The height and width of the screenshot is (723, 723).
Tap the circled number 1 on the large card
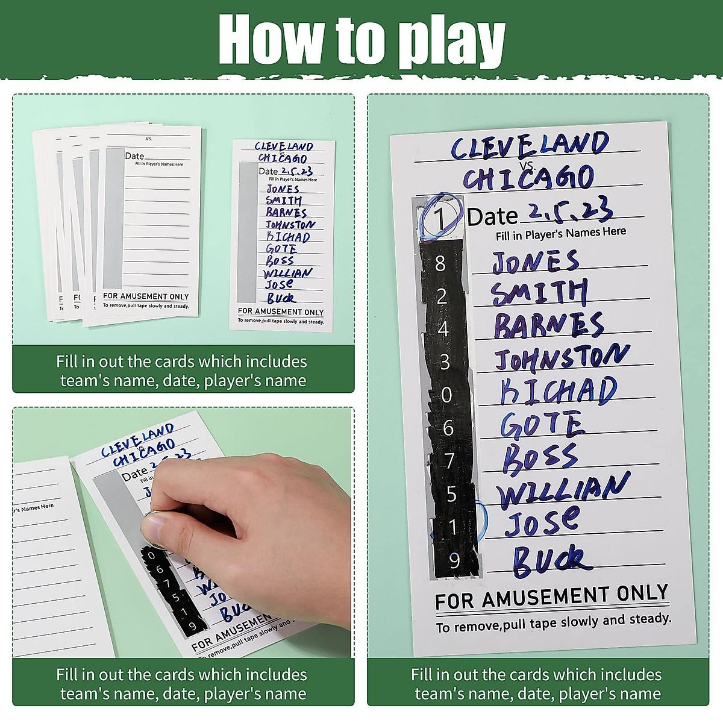pos(441,218)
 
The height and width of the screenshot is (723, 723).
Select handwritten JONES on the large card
pos(535,262)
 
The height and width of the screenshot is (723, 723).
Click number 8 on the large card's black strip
pos(440,263)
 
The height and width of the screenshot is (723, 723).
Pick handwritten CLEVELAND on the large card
pos(530,146)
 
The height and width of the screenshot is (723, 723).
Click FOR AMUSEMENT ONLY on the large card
pos(551,597)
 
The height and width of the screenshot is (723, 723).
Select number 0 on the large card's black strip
pos(446,395)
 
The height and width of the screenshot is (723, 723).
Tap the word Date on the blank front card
pos(134,156)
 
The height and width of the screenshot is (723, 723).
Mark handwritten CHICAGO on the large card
pos(528,178)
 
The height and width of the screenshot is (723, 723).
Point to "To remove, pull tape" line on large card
pos(553,623)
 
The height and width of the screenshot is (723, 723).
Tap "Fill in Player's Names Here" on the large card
pos(560,233)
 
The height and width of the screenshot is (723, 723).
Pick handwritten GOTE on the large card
pos(542,425)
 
